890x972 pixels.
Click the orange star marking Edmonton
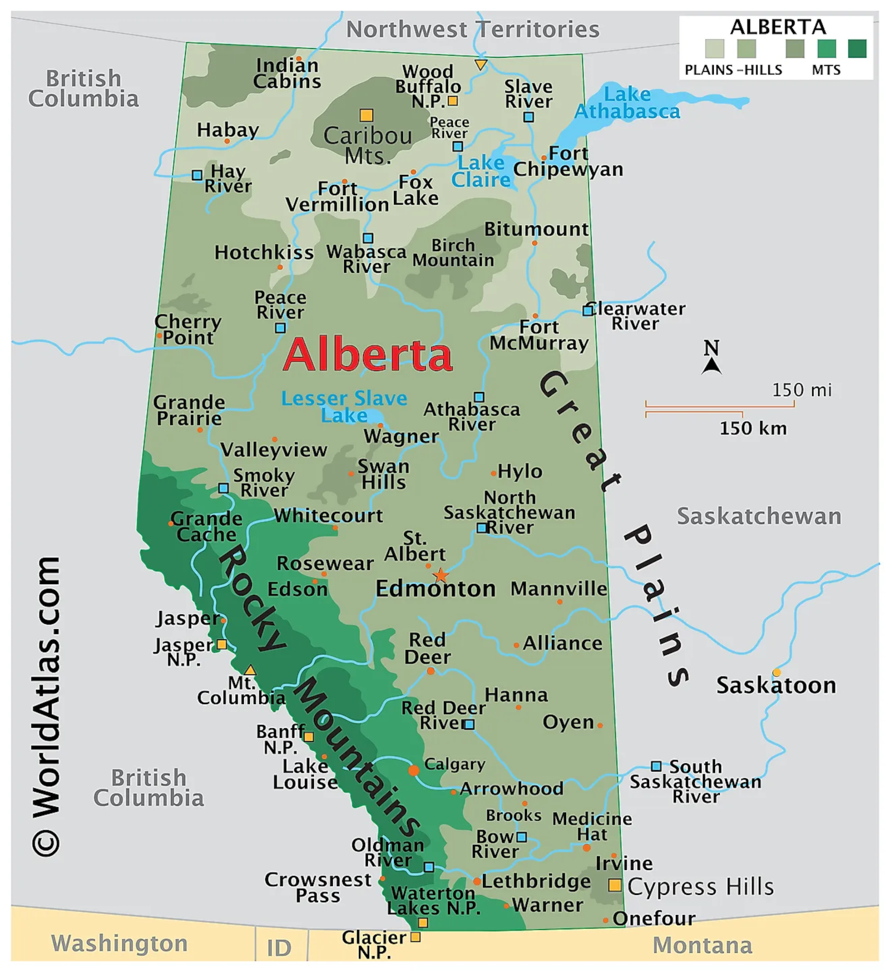coord(440,575)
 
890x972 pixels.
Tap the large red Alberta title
coord(368,355)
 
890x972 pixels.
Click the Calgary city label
coord(454,764)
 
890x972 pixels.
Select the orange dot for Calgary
coord(414,770)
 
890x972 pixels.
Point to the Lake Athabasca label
coord(627,103)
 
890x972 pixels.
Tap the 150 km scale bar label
coord(753,428)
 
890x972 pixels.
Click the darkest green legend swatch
coord(857,49)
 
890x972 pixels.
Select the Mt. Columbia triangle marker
coord(250,670)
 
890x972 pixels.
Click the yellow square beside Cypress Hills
coord(615,885)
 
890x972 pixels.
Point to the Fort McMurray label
coord(539,335)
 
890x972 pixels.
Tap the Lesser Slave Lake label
coord(344,406)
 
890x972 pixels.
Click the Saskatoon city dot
coord(777,673)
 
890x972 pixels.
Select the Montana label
coord(703,945)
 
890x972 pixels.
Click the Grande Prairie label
coord(189,410)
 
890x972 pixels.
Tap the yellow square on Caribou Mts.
coord(367,115)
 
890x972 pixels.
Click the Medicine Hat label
coord(592,827)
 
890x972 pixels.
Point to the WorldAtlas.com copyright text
coord(46,706)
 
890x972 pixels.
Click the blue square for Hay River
coord(197,175)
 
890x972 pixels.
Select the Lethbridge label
coord(536,881)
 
